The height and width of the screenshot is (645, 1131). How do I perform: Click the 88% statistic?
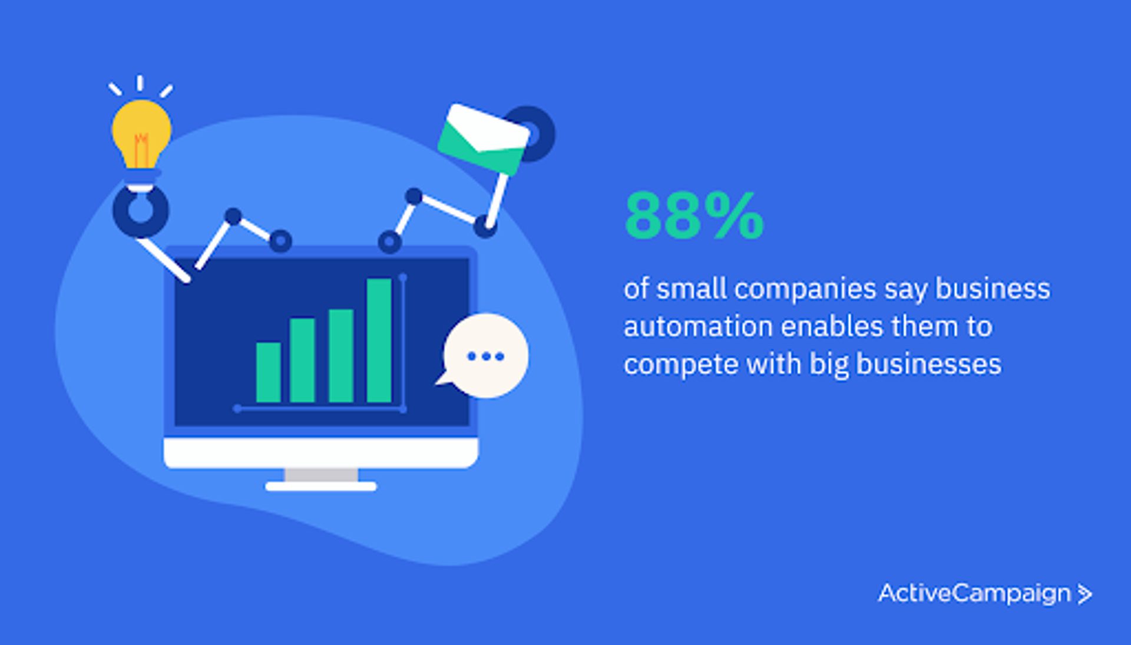[694, 216]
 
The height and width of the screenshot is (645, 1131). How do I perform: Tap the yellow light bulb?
[141, 133]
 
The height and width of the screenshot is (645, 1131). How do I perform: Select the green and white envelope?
[484, 139]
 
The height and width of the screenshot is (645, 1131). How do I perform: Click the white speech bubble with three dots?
[486, 356]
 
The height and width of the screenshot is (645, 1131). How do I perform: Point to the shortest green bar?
[268, 372]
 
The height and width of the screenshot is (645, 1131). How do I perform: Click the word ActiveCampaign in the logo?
[974, 593]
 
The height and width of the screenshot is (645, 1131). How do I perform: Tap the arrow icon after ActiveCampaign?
[1084, 594]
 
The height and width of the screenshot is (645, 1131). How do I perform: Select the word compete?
[681, 365]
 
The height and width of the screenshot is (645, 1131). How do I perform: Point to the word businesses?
[928, 364]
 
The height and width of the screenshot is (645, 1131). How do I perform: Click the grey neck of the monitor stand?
[321, 475]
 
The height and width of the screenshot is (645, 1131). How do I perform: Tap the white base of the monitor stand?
[321, 487]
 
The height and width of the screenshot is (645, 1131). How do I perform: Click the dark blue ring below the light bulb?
[141, 211]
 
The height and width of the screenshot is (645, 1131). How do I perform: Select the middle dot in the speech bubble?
[486, 356]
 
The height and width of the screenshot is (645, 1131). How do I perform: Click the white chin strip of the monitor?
[321, 453]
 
